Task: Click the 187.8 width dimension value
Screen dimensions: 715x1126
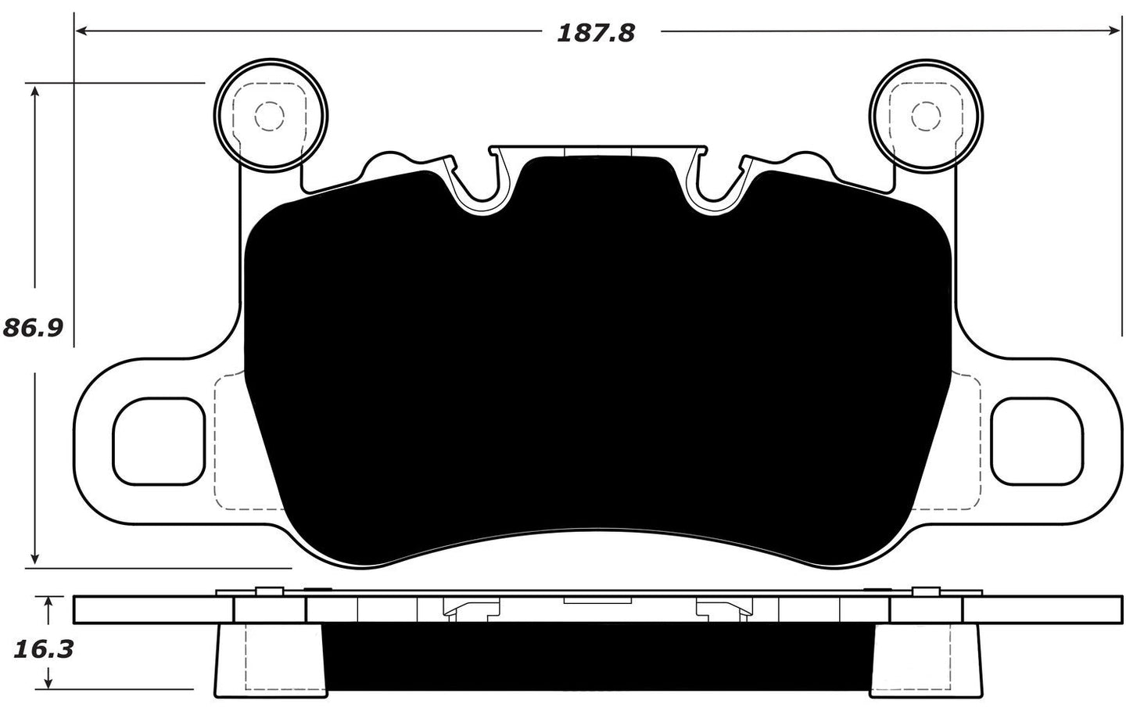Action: (x=596, y=32)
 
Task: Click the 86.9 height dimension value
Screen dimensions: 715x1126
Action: (x=33, y=327)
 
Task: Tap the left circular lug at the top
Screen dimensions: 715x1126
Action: (x=271, y=116)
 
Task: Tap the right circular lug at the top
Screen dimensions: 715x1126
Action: (x=927, y=116)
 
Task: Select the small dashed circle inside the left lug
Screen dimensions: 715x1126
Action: (x=270, y=117)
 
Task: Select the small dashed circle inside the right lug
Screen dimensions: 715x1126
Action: (x=927, y=117)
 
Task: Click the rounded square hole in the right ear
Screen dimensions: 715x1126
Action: (x=1037, y=441)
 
